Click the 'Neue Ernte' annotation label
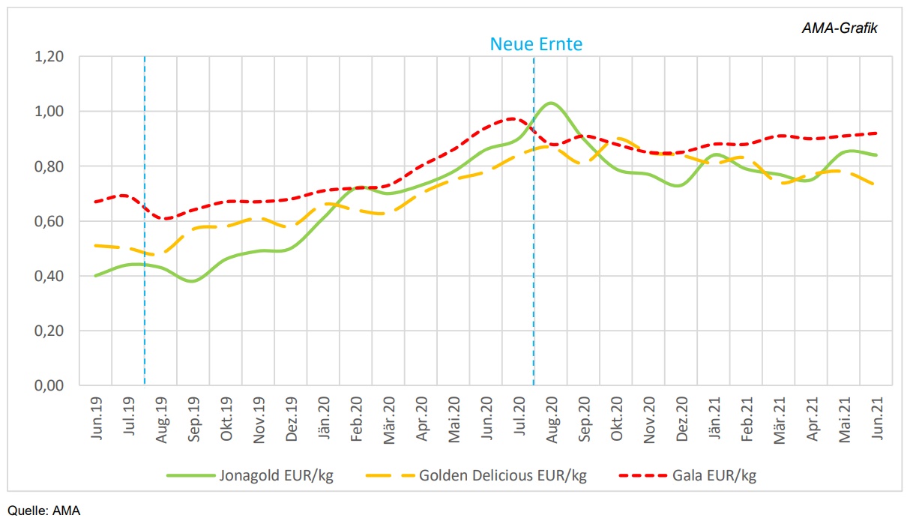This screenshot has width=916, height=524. (x=536, y=44)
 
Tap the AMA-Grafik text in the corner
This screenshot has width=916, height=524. (x=841, y=28)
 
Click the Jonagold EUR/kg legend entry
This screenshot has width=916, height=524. (x=249, y=475)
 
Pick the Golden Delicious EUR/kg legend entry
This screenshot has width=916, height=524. (x=475, y=475)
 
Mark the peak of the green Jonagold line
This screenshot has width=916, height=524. (x=551, y=103)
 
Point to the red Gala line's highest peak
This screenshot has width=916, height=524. (x=512, y=118)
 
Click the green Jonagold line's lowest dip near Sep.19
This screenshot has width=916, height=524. (x=193, y=281)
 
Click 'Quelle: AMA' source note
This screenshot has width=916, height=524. (x=43, y=511)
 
